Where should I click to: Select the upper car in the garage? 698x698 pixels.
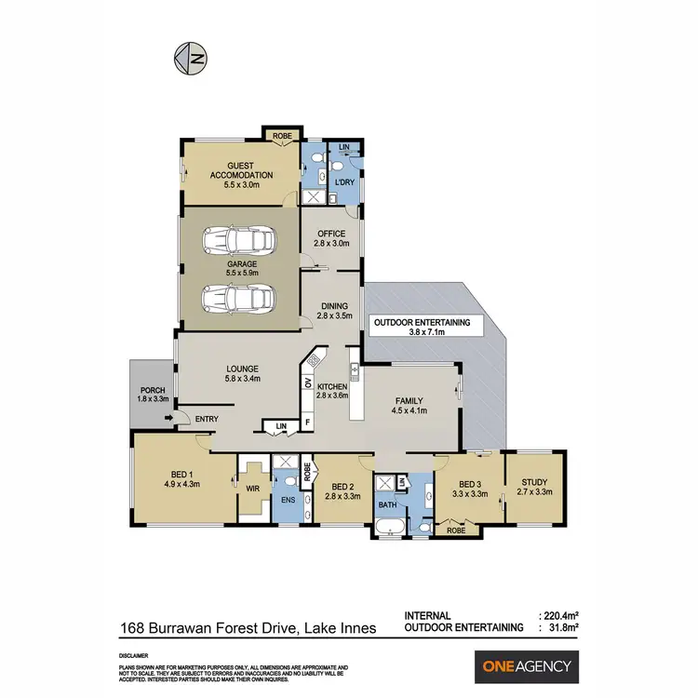[241, 240]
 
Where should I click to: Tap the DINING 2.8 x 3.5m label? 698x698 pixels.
[334, 311]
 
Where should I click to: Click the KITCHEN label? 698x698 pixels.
[333, 385]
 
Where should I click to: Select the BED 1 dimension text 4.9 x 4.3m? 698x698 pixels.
[183, 483]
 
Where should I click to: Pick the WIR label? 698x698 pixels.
[250, 484]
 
